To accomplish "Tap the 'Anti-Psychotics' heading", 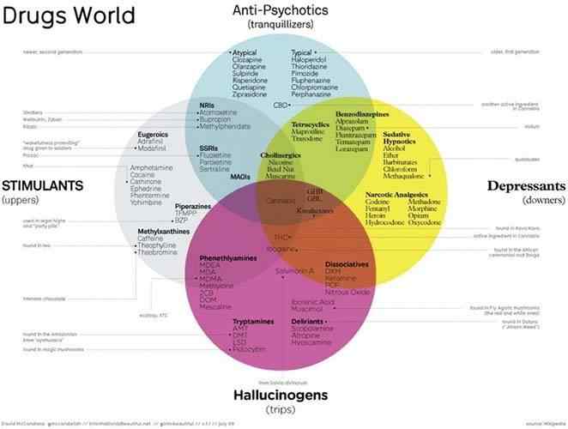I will [x=282, y=10].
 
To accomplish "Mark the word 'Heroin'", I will [x=378, y=212].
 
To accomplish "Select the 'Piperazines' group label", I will [x=192, y=207].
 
